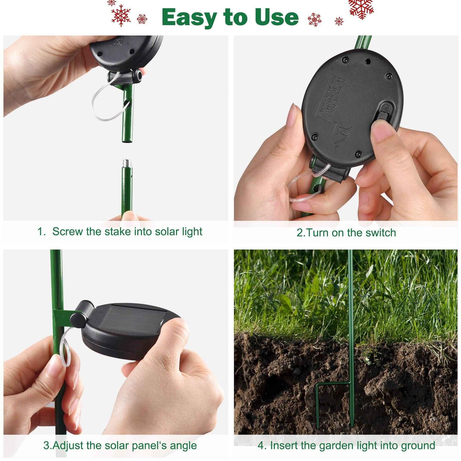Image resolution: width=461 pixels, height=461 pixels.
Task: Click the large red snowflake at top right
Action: click(361, 7)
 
